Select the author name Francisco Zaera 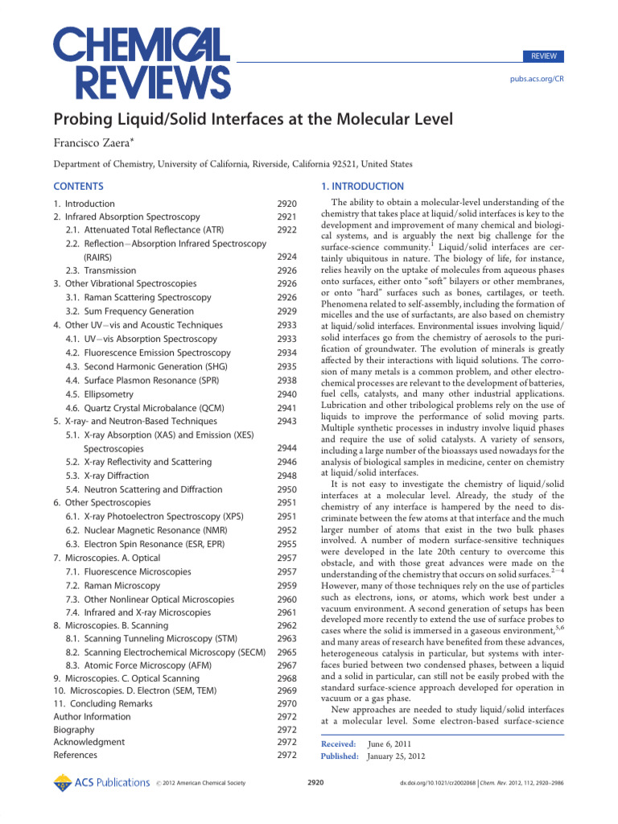pyautogui.click(x=95, y=143)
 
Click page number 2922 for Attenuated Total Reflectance pyautogui.click(x=286, y=230)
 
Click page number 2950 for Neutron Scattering pyautogui.click(x=286, y=489)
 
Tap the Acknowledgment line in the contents pyautogui.click(x=89, y=742)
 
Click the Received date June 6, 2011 pyautogui.click(x=390, y=746)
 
